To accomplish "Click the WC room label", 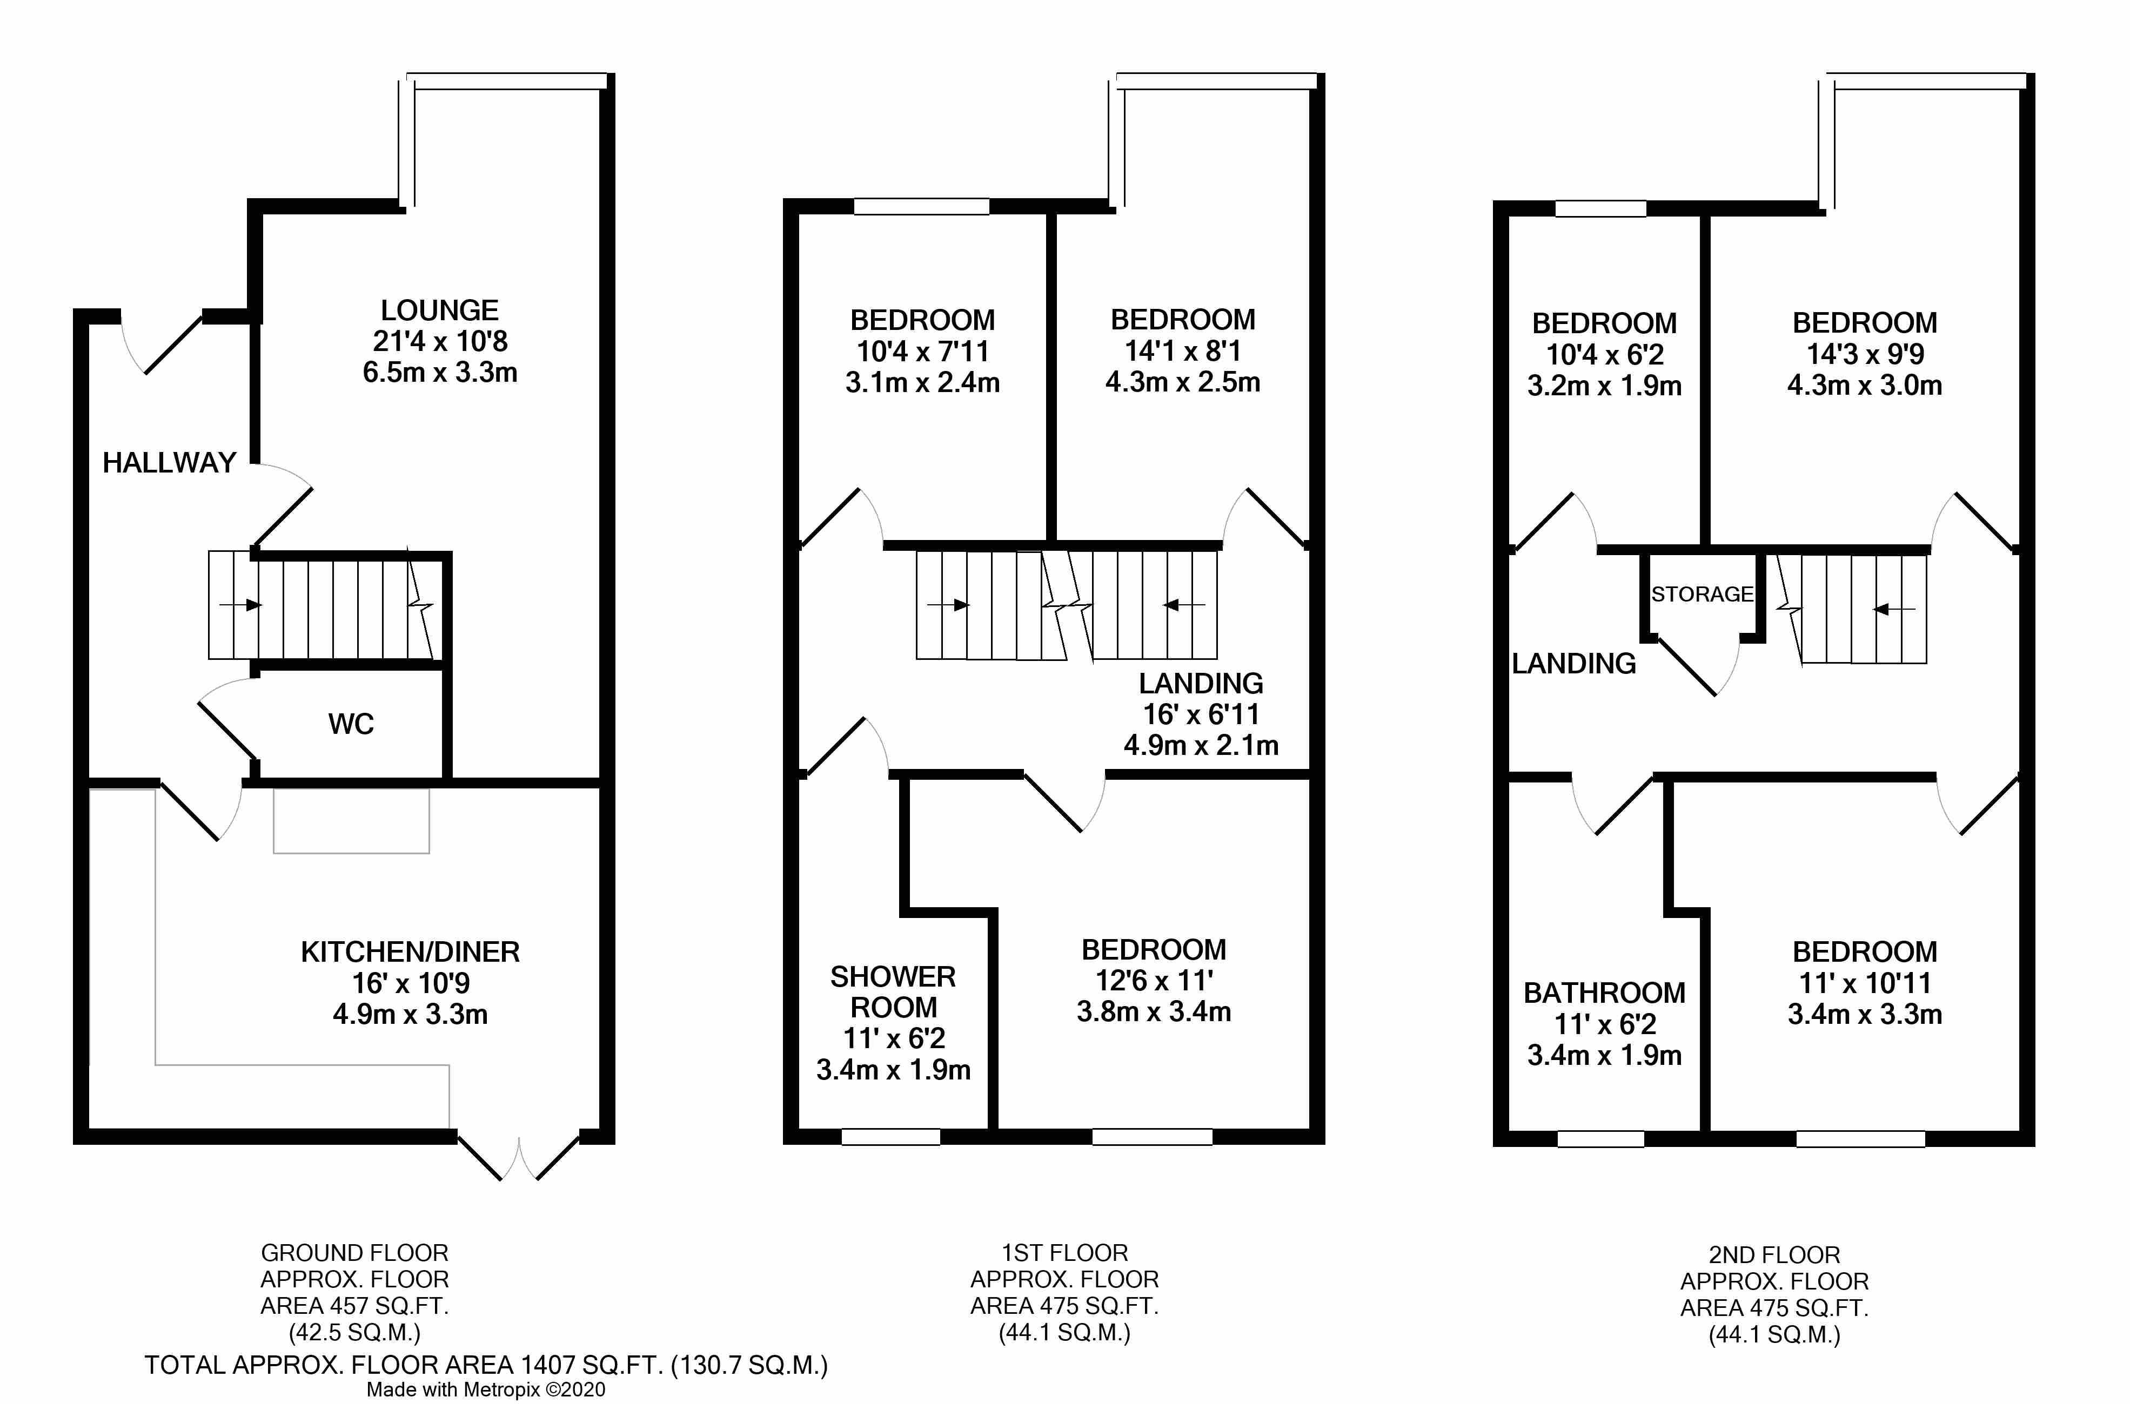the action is [351, 724].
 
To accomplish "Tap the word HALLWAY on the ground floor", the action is [169, 463].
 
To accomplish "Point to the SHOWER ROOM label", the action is [893, 991].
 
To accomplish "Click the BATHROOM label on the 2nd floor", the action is [1604, 993].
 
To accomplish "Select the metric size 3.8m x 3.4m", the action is [1154, 1012].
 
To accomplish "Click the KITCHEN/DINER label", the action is [410, 952].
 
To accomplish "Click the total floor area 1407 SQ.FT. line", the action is [486, 1366].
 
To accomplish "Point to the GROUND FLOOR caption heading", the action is [354, 1253].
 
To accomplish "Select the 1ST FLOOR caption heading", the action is [1065, 1253].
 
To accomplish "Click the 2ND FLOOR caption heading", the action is [1774, 1255].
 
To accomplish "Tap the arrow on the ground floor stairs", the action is [240, 605].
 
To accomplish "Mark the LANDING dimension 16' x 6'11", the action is [1201, 714].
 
